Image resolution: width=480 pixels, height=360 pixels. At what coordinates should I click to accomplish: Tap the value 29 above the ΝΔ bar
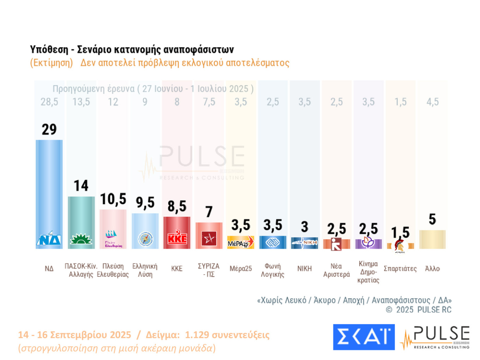pos(49,130)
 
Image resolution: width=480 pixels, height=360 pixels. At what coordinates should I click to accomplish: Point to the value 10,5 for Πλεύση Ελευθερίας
pos(113,199)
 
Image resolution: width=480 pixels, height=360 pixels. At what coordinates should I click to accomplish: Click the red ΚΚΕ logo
pos(177,238)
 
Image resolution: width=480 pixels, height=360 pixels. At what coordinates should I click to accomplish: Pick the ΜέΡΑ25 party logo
pos(241,242)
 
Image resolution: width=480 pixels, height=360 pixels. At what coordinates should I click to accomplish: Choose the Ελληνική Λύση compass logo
pos(145,239)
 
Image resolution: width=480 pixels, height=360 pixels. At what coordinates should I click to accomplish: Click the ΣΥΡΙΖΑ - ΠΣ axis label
pos(209,270)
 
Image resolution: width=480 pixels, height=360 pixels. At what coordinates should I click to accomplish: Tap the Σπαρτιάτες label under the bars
pos(400,269)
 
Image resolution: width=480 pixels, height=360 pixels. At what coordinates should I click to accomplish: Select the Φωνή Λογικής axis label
pos(272,270)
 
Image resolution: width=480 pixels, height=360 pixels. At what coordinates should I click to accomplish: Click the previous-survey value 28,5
pos(49,102)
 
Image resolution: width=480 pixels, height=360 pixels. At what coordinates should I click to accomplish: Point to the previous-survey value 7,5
pos(209,102)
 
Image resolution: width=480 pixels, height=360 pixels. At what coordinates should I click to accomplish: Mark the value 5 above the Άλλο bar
pos(432,220)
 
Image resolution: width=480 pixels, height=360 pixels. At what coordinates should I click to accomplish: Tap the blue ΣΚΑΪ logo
pos(364,337)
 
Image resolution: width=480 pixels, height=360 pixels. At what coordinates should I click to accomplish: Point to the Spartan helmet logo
pos(400,246)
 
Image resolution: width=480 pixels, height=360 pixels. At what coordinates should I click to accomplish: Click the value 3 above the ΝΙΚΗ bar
pos(305,227)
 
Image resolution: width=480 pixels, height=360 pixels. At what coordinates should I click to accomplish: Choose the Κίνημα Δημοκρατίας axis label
pos(368,272)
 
